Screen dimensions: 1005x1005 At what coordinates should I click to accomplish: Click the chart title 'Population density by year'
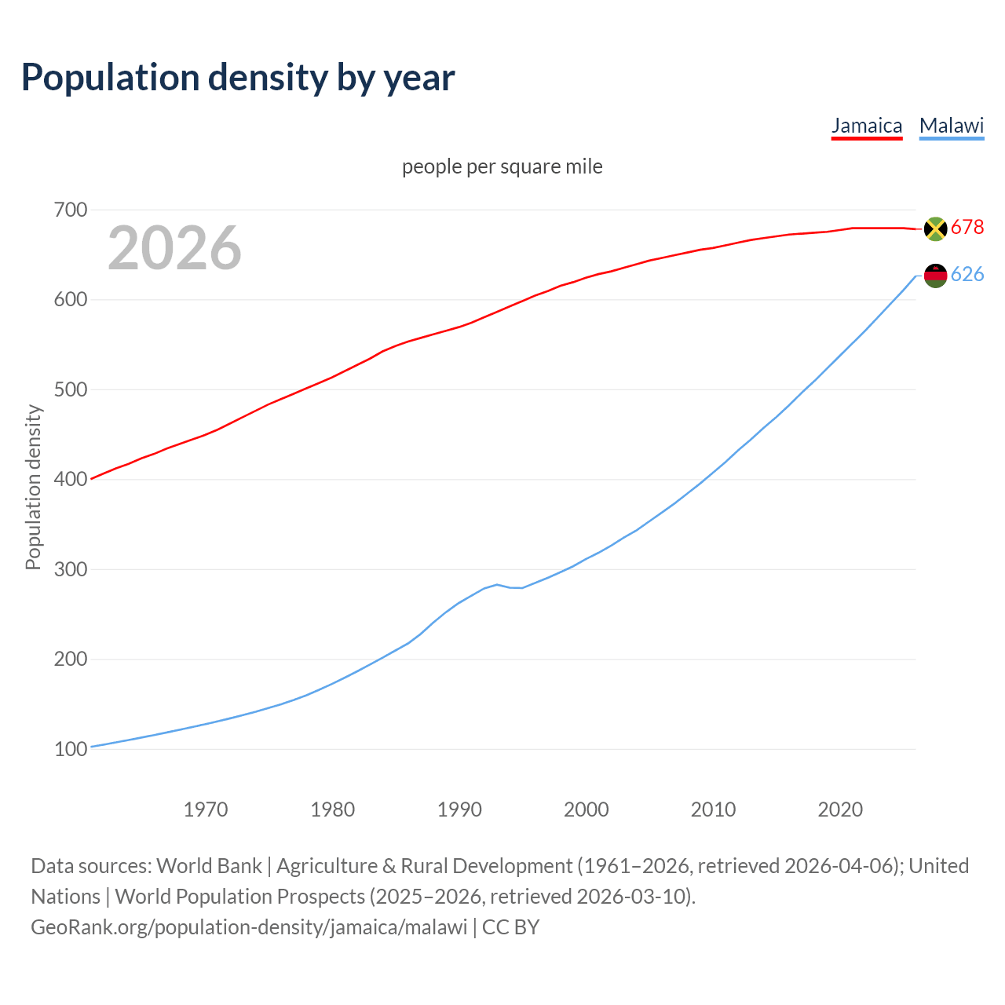238,77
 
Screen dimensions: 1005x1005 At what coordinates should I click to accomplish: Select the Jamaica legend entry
867,126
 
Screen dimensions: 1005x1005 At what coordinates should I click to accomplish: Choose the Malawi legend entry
952,126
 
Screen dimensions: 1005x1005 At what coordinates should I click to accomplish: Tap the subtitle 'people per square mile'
502,166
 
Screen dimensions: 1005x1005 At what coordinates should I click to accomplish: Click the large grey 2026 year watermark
174,248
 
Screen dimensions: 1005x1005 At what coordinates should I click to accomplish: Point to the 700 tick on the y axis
71,210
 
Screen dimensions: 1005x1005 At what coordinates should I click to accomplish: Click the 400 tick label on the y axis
71,479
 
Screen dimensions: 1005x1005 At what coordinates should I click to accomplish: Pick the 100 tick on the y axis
71,749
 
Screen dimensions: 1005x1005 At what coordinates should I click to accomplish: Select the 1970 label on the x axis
206,809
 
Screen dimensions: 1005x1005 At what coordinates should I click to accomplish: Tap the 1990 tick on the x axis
459,809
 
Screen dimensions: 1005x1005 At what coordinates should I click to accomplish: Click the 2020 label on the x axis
840,809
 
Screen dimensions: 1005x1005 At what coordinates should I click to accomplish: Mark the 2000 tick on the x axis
587,809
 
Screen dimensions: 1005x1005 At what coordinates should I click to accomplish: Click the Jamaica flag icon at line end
935,228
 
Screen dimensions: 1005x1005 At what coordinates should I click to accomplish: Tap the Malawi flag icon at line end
935,276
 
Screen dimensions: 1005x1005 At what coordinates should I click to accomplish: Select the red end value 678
967,228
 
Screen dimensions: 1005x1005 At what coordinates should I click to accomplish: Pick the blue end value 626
967,275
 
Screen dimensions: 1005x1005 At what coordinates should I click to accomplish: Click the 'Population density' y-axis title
33,487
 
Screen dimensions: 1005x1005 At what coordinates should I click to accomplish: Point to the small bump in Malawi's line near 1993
497,584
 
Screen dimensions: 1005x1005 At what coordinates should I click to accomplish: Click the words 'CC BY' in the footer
511,927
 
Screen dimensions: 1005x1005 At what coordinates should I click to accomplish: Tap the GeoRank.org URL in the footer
249,927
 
